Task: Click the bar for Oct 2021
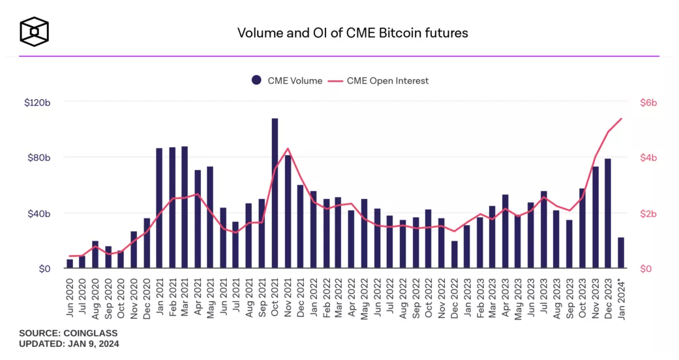click(275, 193)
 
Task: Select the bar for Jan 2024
click(620, 252)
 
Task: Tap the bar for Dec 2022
click(454, 254)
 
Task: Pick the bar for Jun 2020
click(70, 263)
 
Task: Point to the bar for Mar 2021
click(185, 207)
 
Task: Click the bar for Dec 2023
click(607, 213)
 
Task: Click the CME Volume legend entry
click(287, 81)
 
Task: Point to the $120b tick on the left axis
click(38, 102)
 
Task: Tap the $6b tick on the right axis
click(648, 102)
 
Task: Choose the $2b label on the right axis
click(648, 213)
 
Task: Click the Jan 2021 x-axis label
click(159, 298)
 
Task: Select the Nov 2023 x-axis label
click(595, 298)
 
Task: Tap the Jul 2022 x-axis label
click(390, 298)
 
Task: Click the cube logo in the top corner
click(35, 31)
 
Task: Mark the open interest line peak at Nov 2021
click(288, 149)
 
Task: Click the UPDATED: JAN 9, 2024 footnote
click(69, 343)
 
